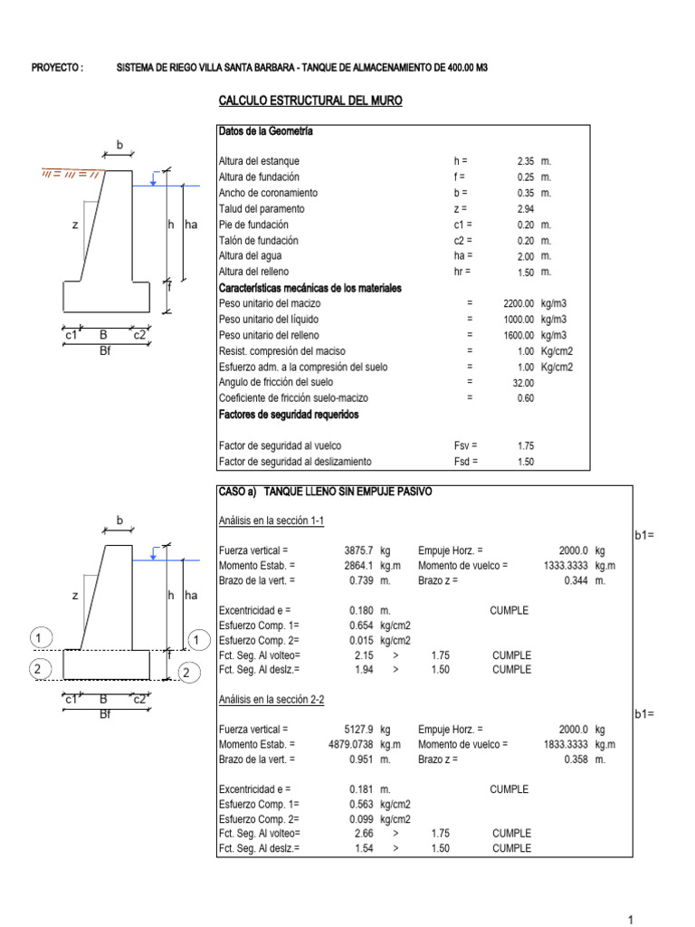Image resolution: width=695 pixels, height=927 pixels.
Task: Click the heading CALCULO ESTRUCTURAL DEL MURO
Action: (310, 100)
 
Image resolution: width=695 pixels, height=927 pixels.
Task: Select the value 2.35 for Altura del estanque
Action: (527, 161)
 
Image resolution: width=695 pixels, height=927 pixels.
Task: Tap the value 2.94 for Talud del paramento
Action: (527, 209)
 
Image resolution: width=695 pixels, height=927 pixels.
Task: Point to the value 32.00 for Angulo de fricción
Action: (523, 383)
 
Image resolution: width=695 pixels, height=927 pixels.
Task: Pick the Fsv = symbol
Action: (465, 445)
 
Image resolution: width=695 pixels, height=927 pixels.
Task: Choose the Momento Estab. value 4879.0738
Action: (351, 744)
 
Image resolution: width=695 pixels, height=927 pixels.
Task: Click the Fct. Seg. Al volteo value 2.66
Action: (364, 833)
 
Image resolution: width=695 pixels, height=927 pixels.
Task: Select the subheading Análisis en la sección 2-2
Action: (271, 699)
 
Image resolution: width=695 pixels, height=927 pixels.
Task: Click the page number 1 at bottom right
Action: (632, 920)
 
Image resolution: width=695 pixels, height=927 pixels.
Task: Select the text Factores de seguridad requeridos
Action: (288, 415)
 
